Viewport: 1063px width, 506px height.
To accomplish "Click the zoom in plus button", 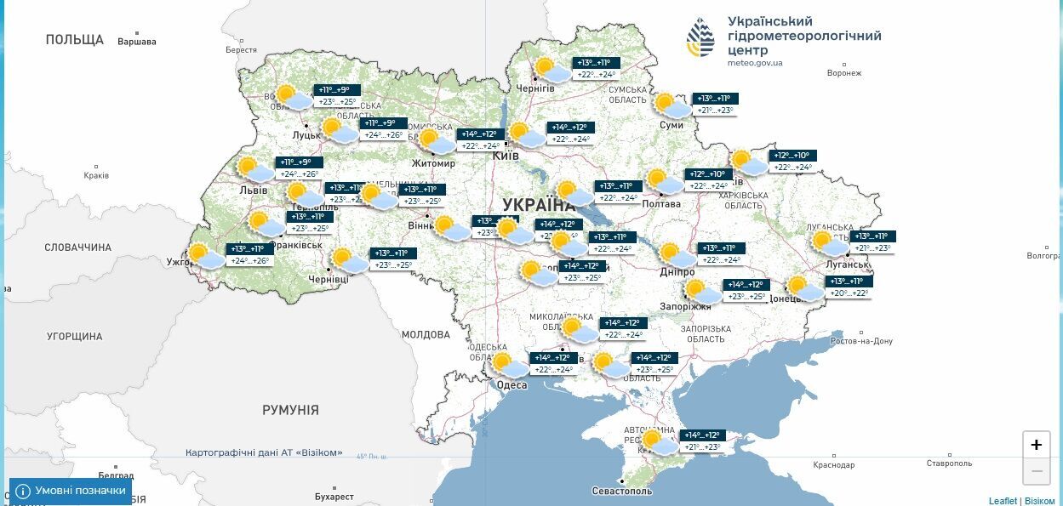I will click(x=1036, y=445).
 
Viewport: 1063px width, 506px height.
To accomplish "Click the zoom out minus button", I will click(x=1036, y=471).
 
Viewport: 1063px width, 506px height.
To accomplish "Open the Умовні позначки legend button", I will click(x=71, y=491).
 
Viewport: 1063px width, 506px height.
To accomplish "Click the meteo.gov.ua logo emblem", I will click(x=701, y=37).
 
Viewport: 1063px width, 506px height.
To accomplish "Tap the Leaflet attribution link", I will click(x=1003, y=501).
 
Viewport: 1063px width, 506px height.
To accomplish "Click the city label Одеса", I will click(x=511, y=385).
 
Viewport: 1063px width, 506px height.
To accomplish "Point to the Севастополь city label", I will click(x=623, y=492).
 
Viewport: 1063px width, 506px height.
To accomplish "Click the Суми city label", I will click(x=672, y=126).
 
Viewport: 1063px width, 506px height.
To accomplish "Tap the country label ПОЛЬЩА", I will click(x=75, y=40).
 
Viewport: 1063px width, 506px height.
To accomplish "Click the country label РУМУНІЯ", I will click(x=290, y=410).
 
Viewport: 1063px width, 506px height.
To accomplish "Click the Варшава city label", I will click(x=137, y=41).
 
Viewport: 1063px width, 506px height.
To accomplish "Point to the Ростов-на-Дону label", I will click(x=861, y=341).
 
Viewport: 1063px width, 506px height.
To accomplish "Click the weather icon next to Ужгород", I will click(x=204, y=256).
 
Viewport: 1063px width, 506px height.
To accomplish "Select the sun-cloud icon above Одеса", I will click(x=509, y=366).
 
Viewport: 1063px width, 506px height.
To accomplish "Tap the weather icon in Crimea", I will click(x=659, y=442).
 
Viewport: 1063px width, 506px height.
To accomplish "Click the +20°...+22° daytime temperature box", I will click(x=849, y=293).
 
